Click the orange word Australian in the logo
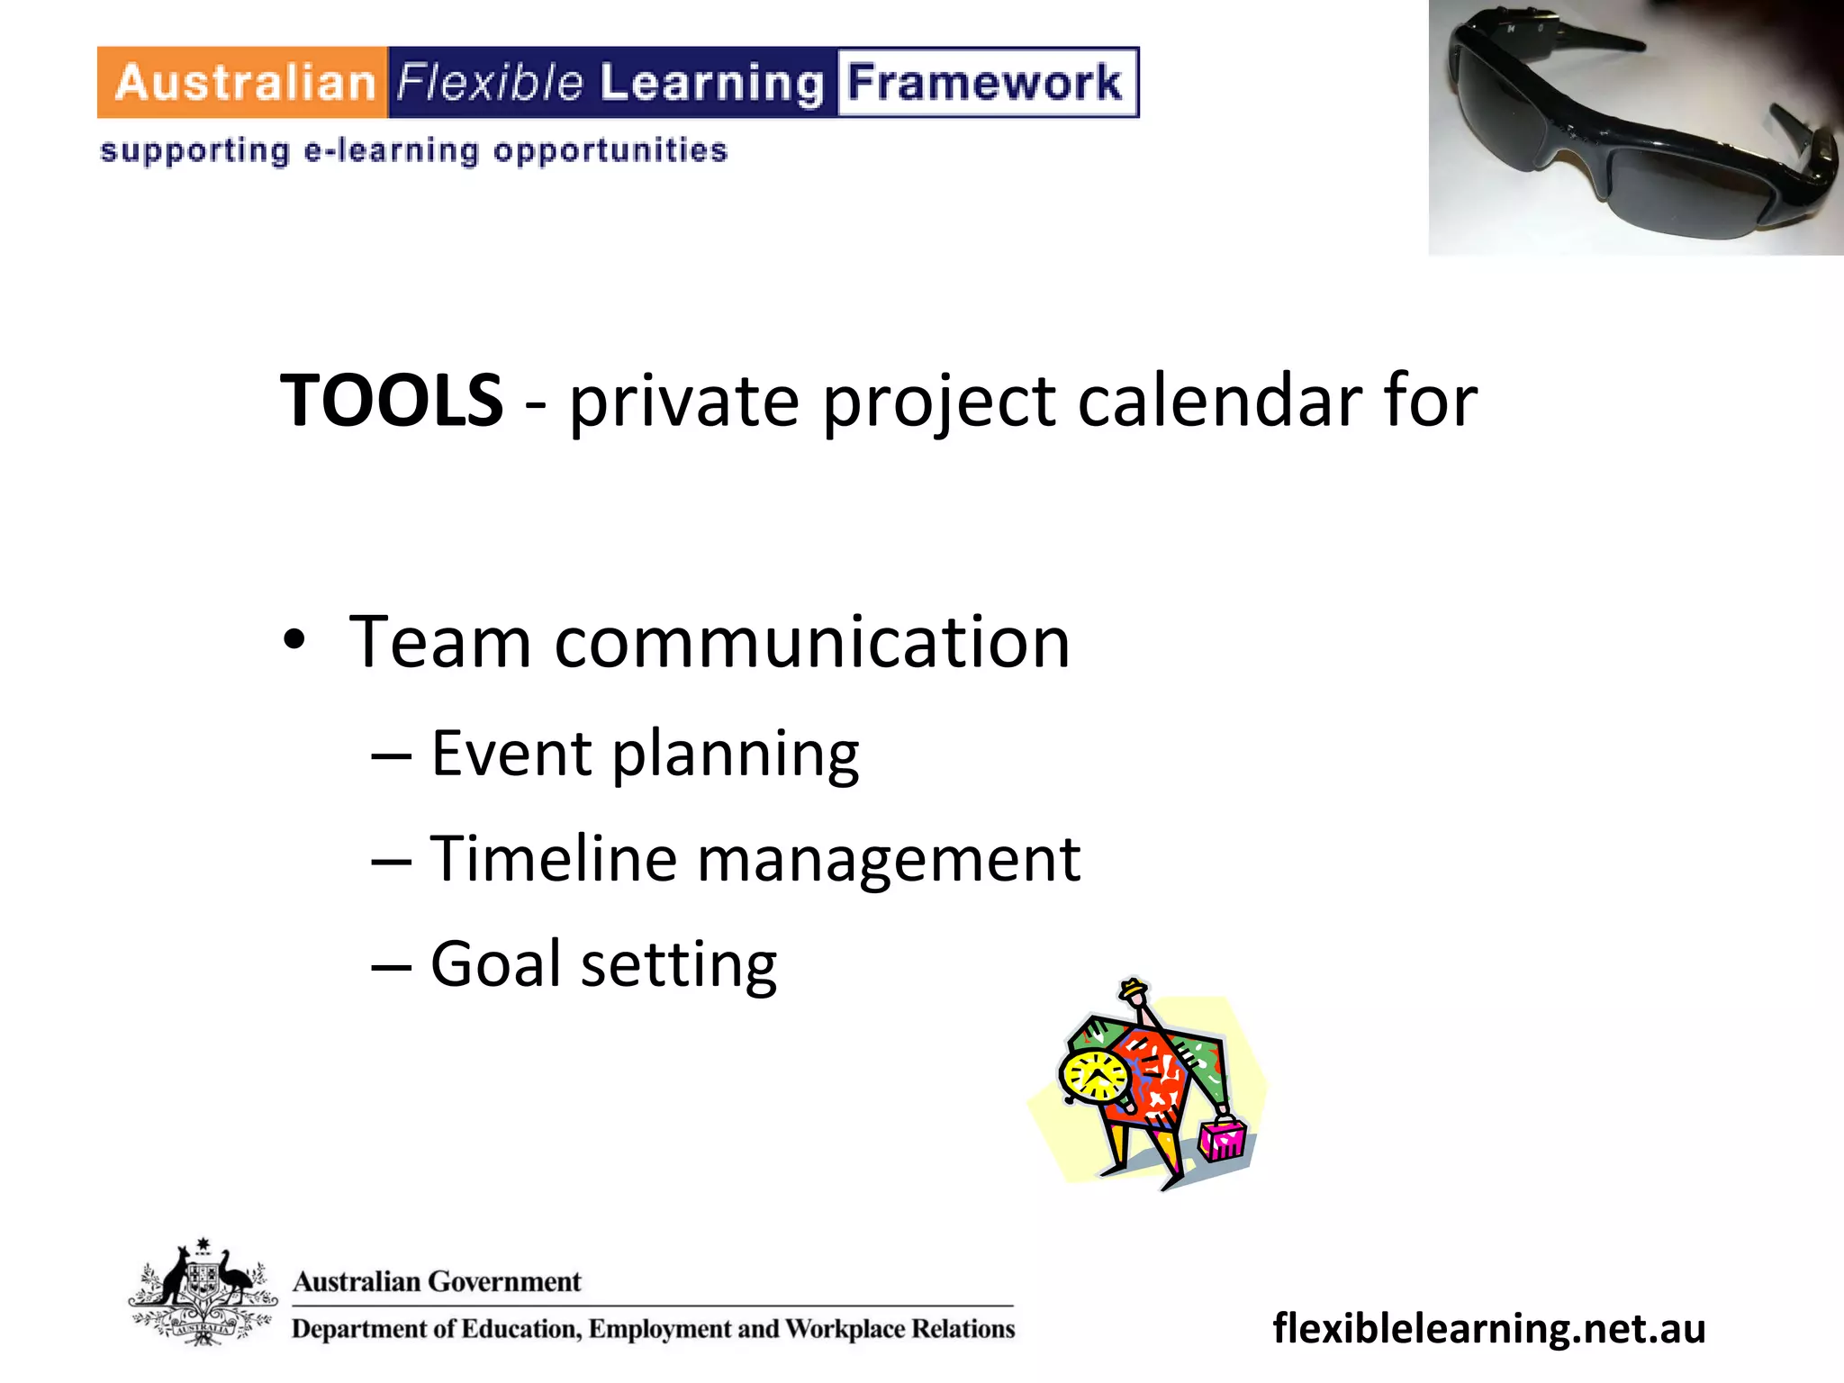(x=244, y=83)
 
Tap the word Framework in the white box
(x=985, y=83)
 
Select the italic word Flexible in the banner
(x=491, y=83)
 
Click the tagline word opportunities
(x=610, y=151)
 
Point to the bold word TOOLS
(x=392, y=400)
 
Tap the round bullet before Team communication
(x=294, y=642)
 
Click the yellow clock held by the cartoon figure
(x=1094, y=1076)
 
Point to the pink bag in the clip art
(x=1222, y=1139)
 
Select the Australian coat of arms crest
(x=203, y=1292)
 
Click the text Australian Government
(x=437, y=1281)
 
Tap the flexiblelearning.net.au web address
(x=1488, y=1328)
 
